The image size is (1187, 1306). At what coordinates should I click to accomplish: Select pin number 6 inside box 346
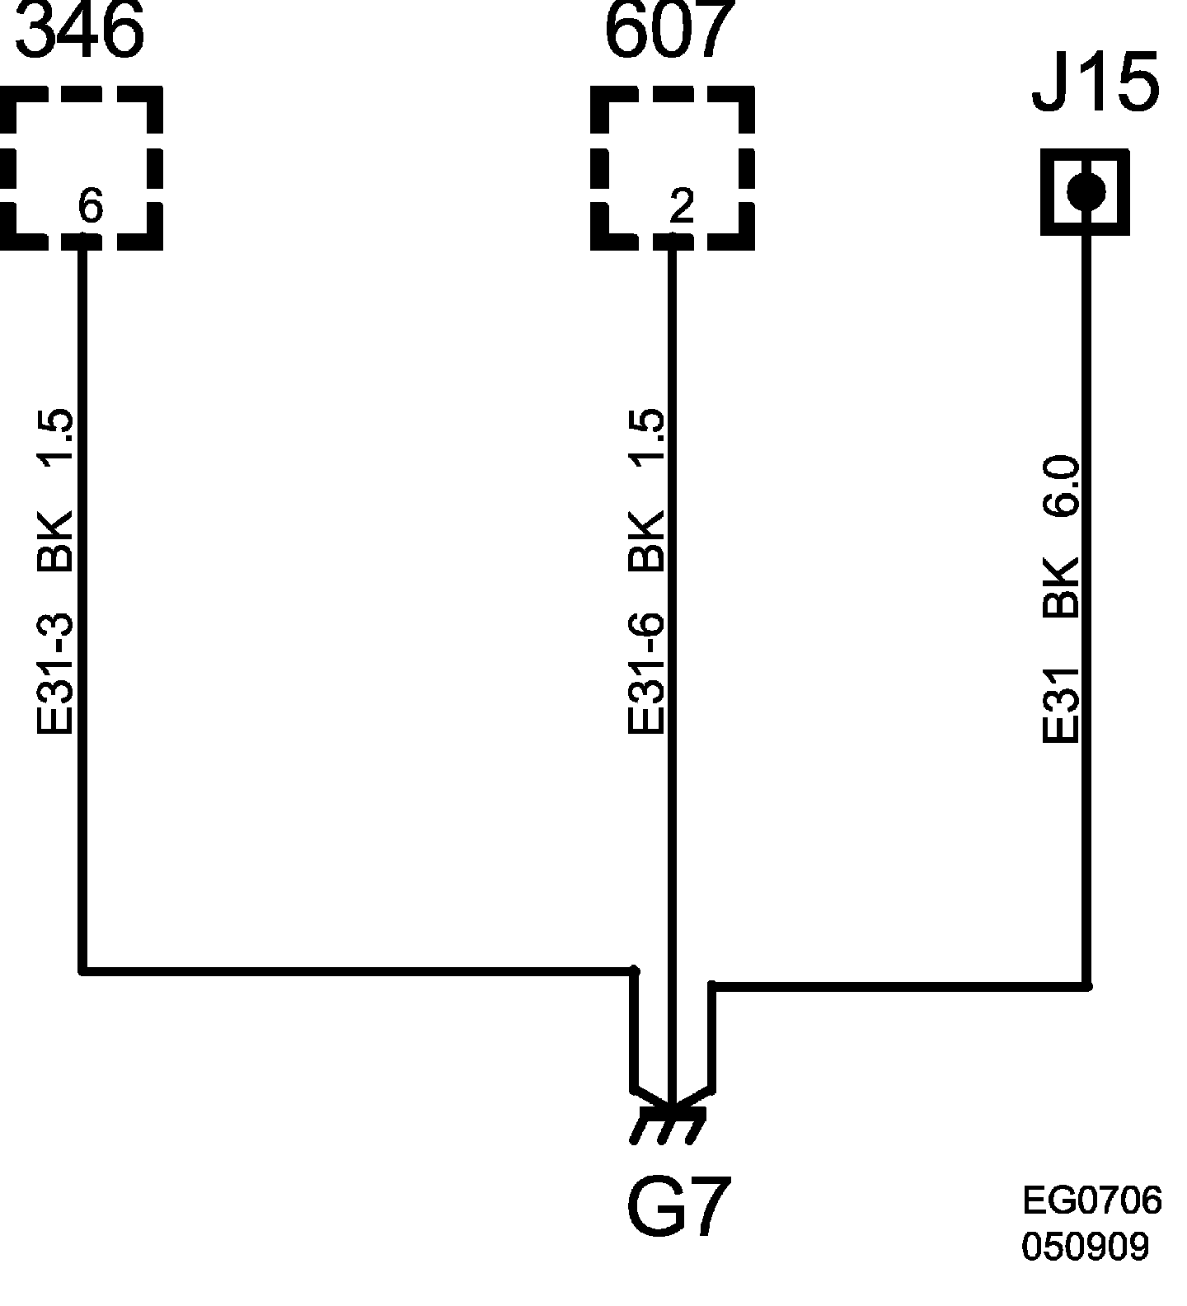(x=90, y=206)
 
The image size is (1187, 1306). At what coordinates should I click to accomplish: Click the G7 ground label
(x=678, y=1208)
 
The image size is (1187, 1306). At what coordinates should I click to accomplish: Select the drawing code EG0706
(x=1091, y=1200)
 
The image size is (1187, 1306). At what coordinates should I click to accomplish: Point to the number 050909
(x=1085, y=1247)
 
